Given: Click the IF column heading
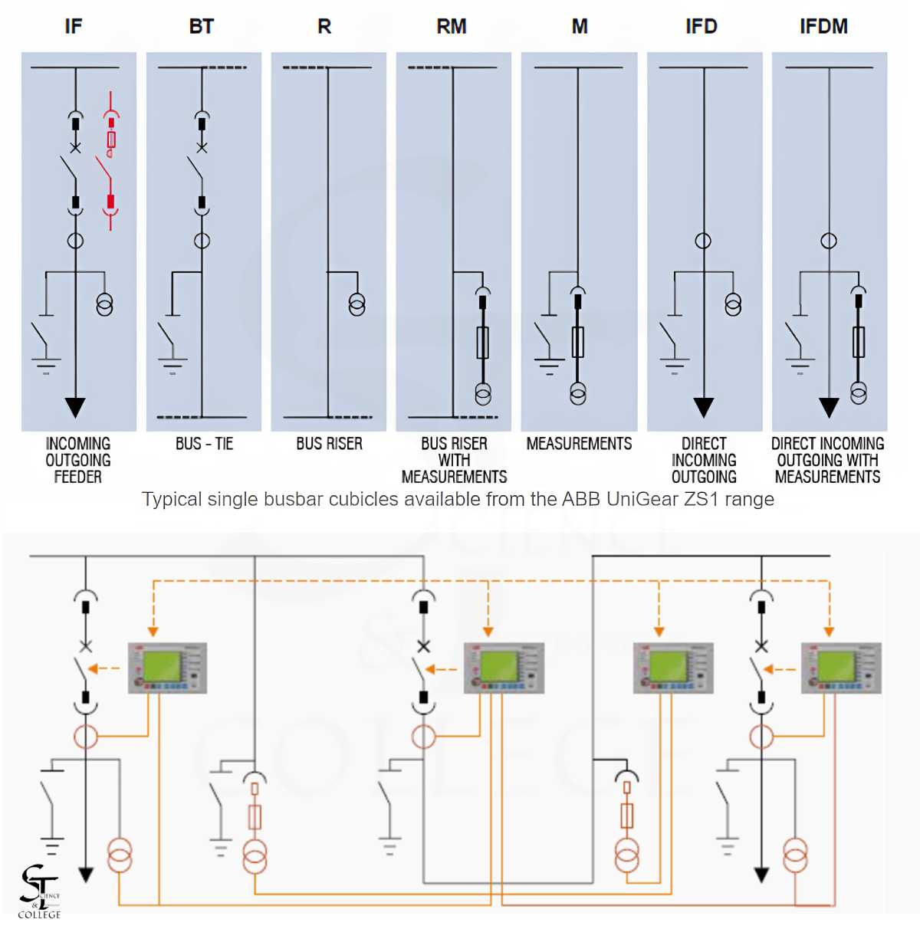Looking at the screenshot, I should (x=74, y=27).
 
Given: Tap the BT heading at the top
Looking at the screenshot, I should (x=201, y=27).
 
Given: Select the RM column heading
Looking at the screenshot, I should (x=452, y=27).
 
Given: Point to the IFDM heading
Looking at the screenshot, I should (x=823, y=27).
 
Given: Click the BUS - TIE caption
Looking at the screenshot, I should (x=204, y=444).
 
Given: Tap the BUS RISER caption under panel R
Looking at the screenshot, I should (x=329, y=444).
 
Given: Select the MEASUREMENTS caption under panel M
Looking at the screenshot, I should (x=579, y=444).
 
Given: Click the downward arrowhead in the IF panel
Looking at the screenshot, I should (x=75, y=407).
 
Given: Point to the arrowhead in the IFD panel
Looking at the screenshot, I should (x=703, y=407).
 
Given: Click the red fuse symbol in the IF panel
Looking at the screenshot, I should (x=111, y=140).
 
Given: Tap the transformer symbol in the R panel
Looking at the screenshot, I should (x=356, y=304).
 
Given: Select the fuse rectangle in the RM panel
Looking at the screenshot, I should (x=482, y=343).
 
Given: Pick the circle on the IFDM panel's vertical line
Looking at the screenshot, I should (x=829, y=241).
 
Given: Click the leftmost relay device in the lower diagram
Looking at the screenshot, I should (x=167, y=668).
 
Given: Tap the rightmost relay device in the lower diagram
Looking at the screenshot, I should (x=841, y=668).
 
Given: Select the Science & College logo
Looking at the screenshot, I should (x=38, y=891).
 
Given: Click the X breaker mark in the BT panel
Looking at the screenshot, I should (x=202, y=147).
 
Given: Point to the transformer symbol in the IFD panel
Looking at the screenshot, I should (x=733, y=305).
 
